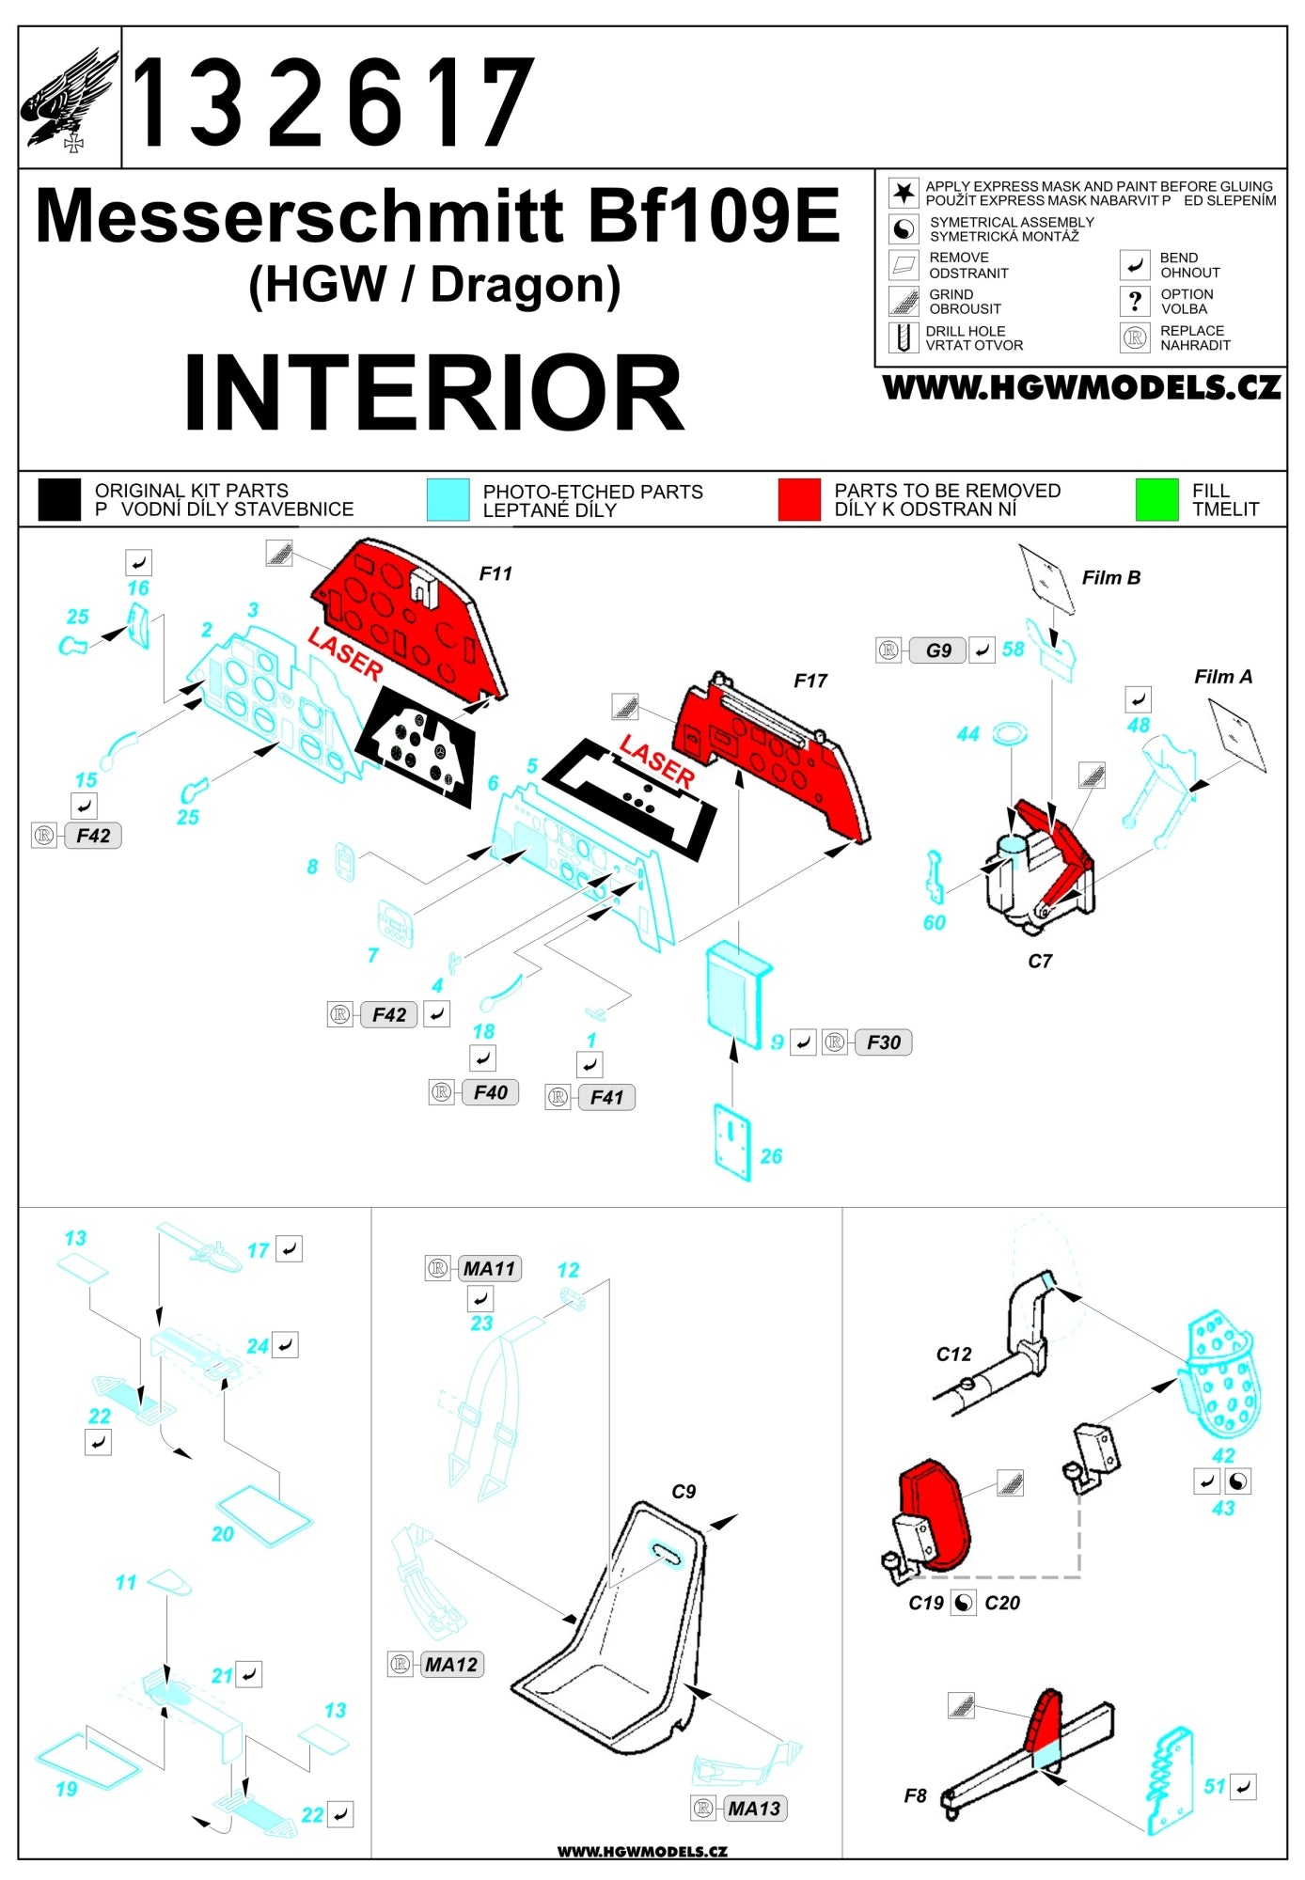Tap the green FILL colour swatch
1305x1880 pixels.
[x=1156, y=499]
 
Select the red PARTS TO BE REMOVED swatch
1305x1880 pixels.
[x=798, y=499]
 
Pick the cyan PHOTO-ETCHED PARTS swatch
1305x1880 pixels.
[x=448, y=499]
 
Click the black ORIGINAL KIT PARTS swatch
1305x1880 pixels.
[x=59, y=499]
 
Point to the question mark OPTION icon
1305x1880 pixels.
[x=1135, y=301]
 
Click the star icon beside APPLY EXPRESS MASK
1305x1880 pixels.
[x=904, y=193]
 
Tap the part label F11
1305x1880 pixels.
[x=495, y=573]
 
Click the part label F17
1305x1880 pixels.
[x=810, y=681]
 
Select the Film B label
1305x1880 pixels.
[x=1110, y=578]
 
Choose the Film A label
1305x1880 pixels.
[x=1222, y=677]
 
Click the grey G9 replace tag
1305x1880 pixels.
[x=937, y=650]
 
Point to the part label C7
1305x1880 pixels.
[x=1039, y=961]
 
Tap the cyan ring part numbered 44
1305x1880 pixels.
[x=1009, y=733]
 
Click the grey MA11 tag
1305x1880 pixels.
[x=489, y=1269]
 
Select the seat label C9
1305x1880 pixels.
[x=684, y=1492]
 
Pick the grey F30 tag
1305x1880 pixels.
[x=883, y=1042]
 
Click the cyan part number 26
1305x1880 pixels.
[x=771, y=1156]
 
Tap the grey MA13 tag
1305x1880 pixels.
[x=754, y=1809]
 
